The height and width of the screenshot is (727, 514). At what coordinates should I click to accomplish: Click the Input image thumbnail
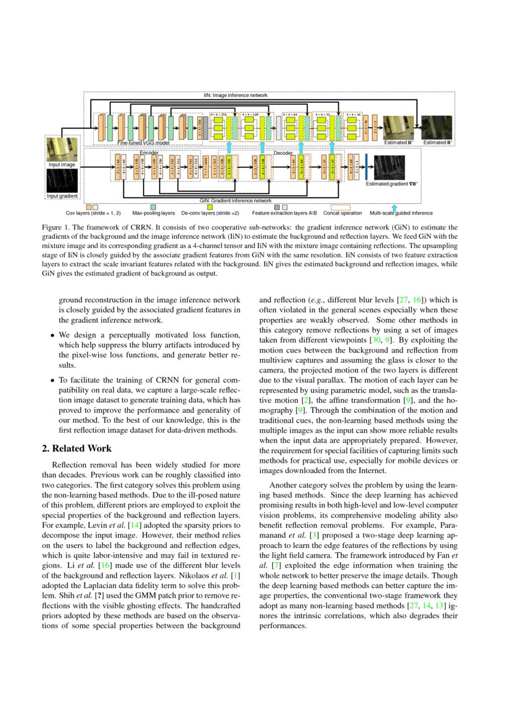(62, 149)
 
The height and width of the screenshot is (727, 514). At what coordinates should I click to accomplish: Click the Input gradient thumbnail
(62, 181)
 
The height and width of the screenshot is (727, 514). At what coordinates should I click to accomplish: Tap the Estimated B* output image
(398, 127)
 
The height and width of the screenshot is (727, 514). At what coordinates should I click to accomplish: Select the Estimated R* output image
(438, 127)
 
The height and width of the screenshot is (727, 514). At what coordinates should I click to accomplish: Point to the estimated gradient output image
(389, 168)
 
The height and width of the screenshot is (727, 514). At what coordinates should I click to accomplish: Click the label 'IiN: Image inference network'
(236, 95)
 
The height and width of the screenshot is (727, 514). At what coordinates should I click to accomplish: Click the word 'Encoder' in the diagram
(149, 152)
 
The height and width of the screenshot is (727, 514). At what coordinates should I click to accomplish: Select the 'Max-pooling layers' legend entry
(154, 213)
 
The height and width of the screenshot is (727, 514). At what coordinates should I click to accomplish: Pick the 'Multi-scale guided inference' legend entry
(401, 213)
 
